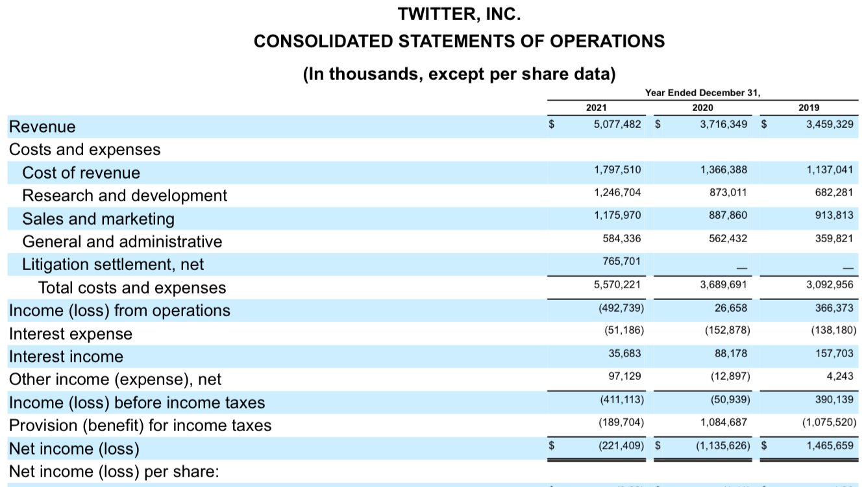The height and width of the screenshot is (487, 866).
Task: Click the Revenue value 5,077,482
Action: [617, 123]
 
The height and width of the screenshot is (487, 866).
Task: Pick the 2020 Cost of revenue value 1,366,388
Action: [724, 169]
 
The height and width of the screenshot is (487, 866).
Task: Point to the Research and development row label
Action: [125, 195]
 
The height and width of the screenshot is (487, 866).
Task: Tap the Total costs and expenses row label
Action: [132, 288]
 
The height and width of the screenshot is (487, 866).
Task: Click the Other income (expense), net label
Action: [115, 379]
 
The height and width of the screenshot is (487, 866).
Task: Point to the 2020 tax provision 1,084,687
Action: [724, 422]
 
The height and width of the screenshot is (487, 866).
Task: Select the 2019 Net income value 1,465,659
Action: [830, 445]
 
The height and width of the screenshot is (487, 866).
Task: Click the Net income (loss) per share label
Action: [114, 471]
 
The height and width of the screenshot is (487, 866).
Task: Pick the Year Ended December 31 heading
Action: [702, 93]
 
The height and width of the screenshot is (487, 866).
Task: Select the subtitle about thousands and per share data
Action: [459, 73]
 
